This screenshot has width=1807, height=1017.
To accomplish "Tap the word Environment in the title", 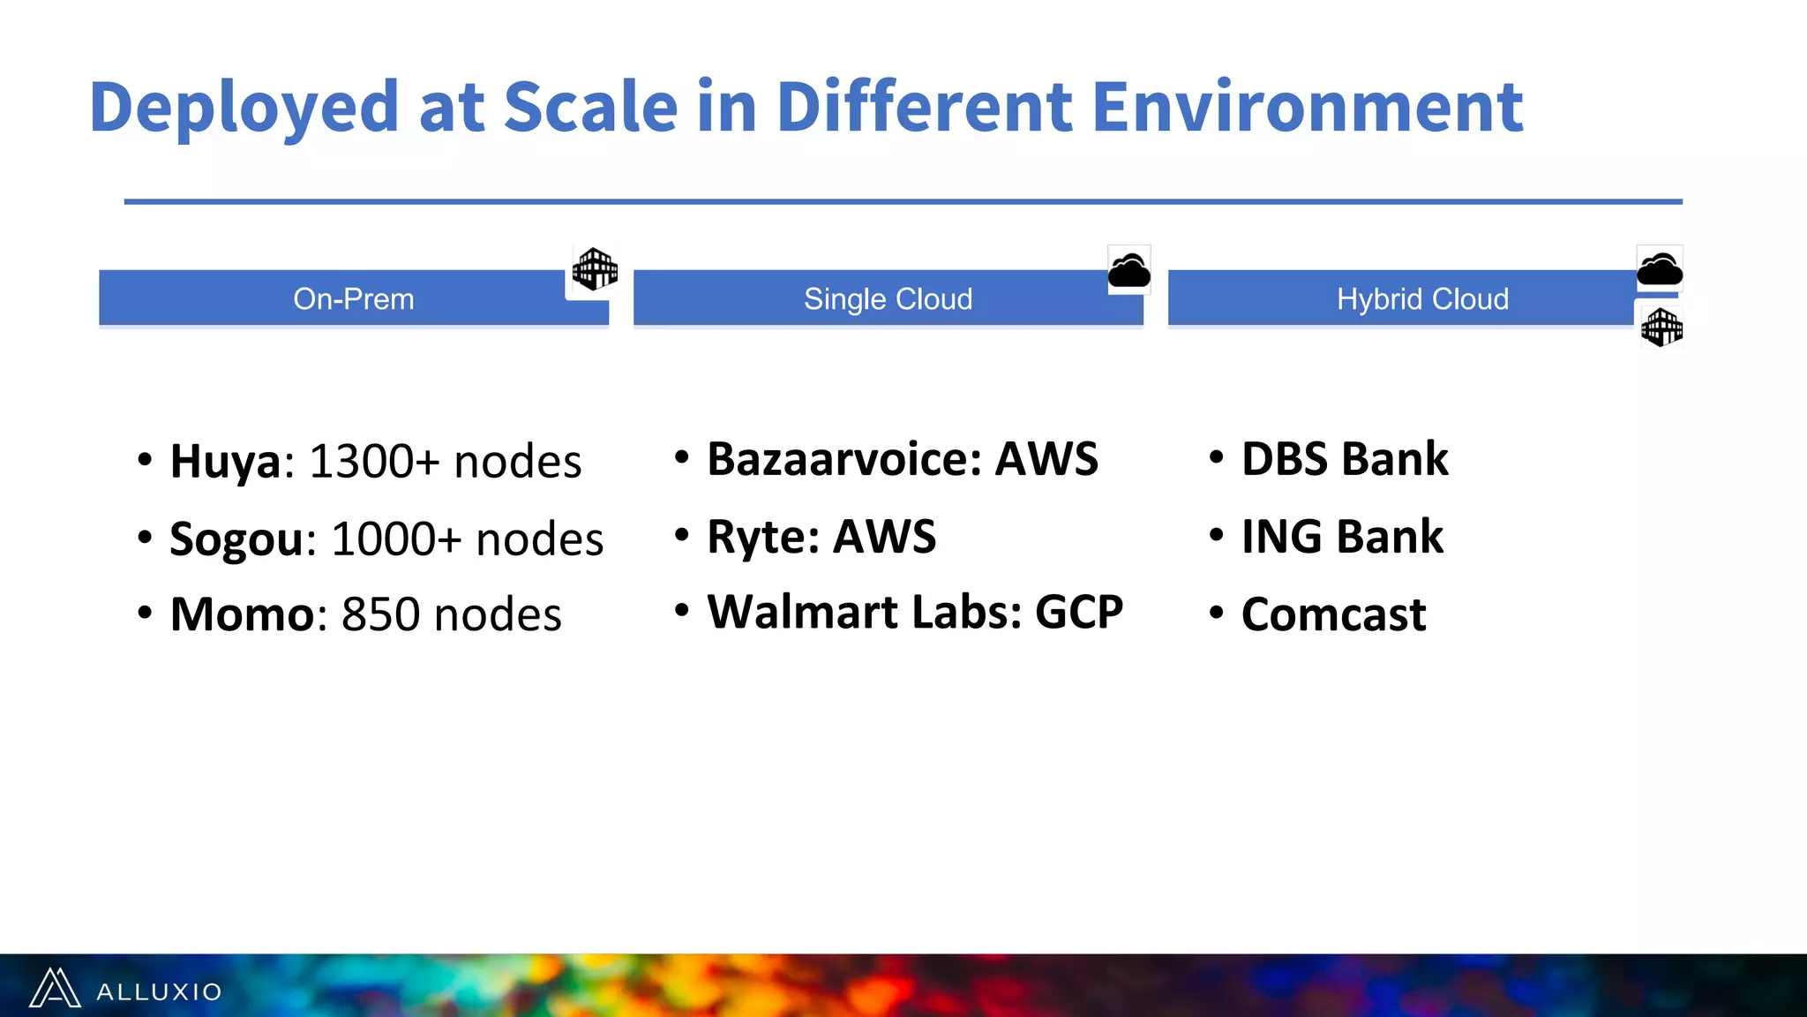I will tap(1307, 108).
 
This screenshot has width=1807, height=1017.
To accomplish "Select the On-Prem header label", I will tap(353, 299).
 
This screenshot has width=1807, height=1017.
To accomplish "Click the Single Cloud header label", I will tap(888, 299).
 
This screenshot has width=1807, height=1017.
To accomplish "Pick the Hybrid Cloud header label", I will tap(1422, 299).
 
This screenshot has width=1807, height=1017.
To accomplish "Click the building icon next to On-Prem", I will tap(595, 269).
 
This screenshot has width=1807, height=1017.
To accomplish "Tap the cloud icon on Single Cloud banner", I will tap(1128, 270).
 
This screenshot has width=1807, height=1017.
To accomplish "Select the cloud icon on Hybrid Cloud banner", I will tap(1659, 268).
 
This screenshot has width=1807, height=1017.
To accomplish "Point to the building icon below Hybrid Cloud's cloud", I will tap(1661, 328).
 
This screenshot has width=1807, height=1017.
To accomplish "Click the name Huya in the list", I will tap(225, 462).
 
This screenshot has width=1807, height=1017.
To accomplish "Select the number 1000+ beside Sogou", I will tap(396, 539).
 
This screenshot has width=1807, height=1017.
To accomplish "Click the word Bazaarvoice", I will tap(844, 459).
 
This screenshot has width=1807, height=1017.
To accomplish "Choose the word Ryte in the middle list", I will tap(762, 537).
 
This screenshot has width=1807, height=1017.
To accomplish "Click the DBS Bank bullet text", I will tap(1344, 459).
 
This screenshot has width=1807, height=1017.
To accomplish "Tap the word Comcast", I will tap(1333, 614).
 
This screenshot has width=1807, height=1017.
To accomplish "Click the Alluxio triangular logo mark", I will tap(55, 988).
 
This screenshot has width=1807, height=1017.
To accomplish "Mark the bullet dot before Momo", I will tap(145, 612).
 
